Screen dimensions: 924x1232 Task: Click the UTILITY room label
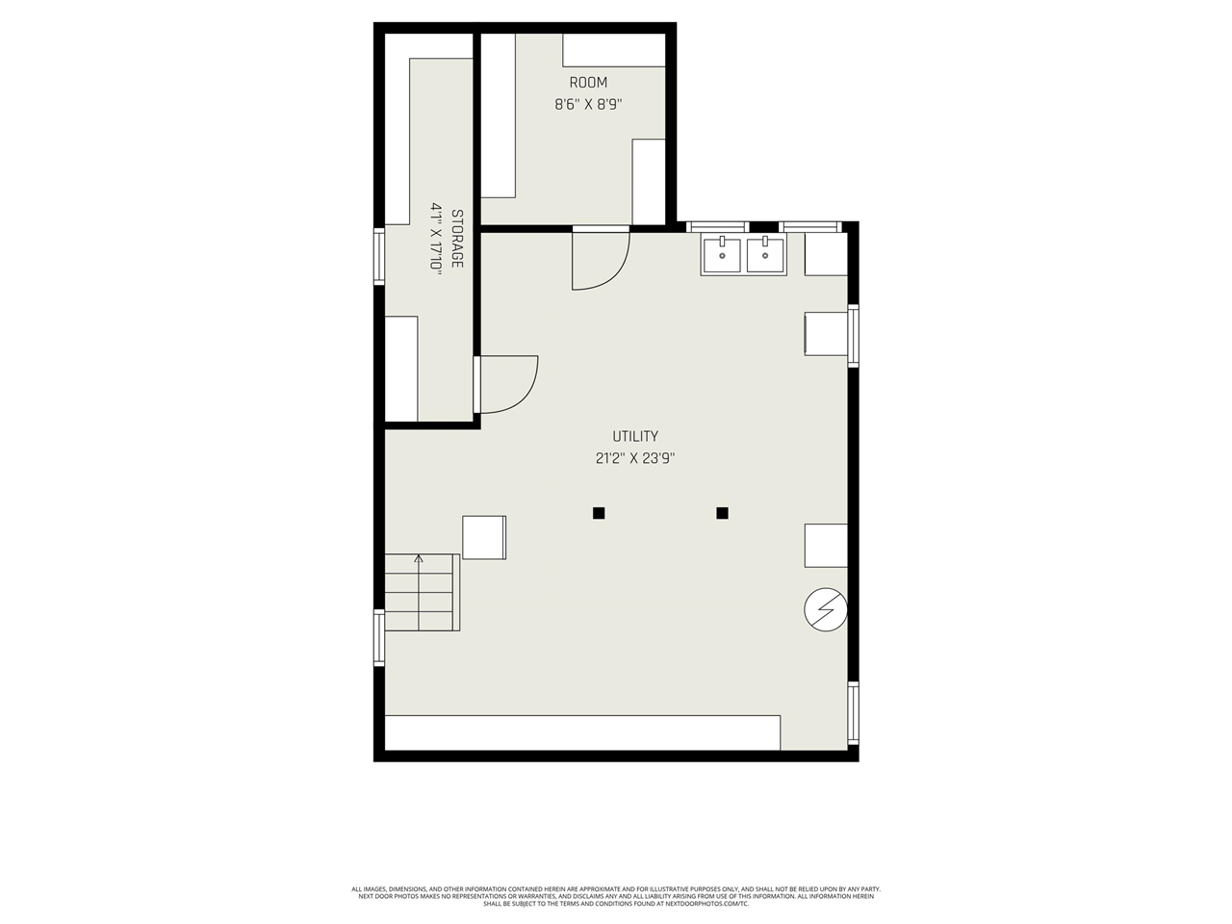(635, 436)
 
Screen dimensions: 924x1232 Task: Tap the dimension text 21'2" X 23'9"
(635, 459)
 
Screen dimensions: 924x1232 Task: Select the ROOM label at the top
(588, 83)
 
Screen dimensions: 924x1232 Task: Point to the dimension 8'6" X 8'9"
(588, 105)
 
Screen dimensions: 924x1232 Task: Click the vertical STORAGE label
(457, 239)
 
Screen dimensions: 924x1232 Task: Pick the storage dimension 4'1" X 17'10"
(436, 239)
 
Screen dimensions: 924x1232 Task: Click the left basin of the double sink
(722, 255)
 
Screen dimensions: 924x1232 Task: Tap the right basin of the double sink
(766, 255)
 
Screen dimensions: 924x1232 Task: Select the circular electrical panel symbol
(826, 609)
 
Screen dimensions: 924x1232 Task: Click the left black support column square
(599, 513)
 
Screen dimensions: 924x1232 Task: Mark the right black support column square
(722, 513)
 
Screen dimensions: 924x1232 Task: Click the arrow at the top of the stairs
(418, 558)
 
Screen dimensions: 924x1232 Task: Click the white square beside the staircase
(483, 537)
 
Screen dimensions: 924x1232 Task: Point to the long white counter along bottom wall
(582, 732)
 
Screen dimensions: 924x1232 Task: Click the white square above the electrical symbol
(826, 545)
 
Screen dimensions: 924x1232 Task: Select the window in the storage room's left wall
(379, 256)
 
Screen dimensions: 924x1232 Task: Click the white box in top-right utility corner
(826, 254)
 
